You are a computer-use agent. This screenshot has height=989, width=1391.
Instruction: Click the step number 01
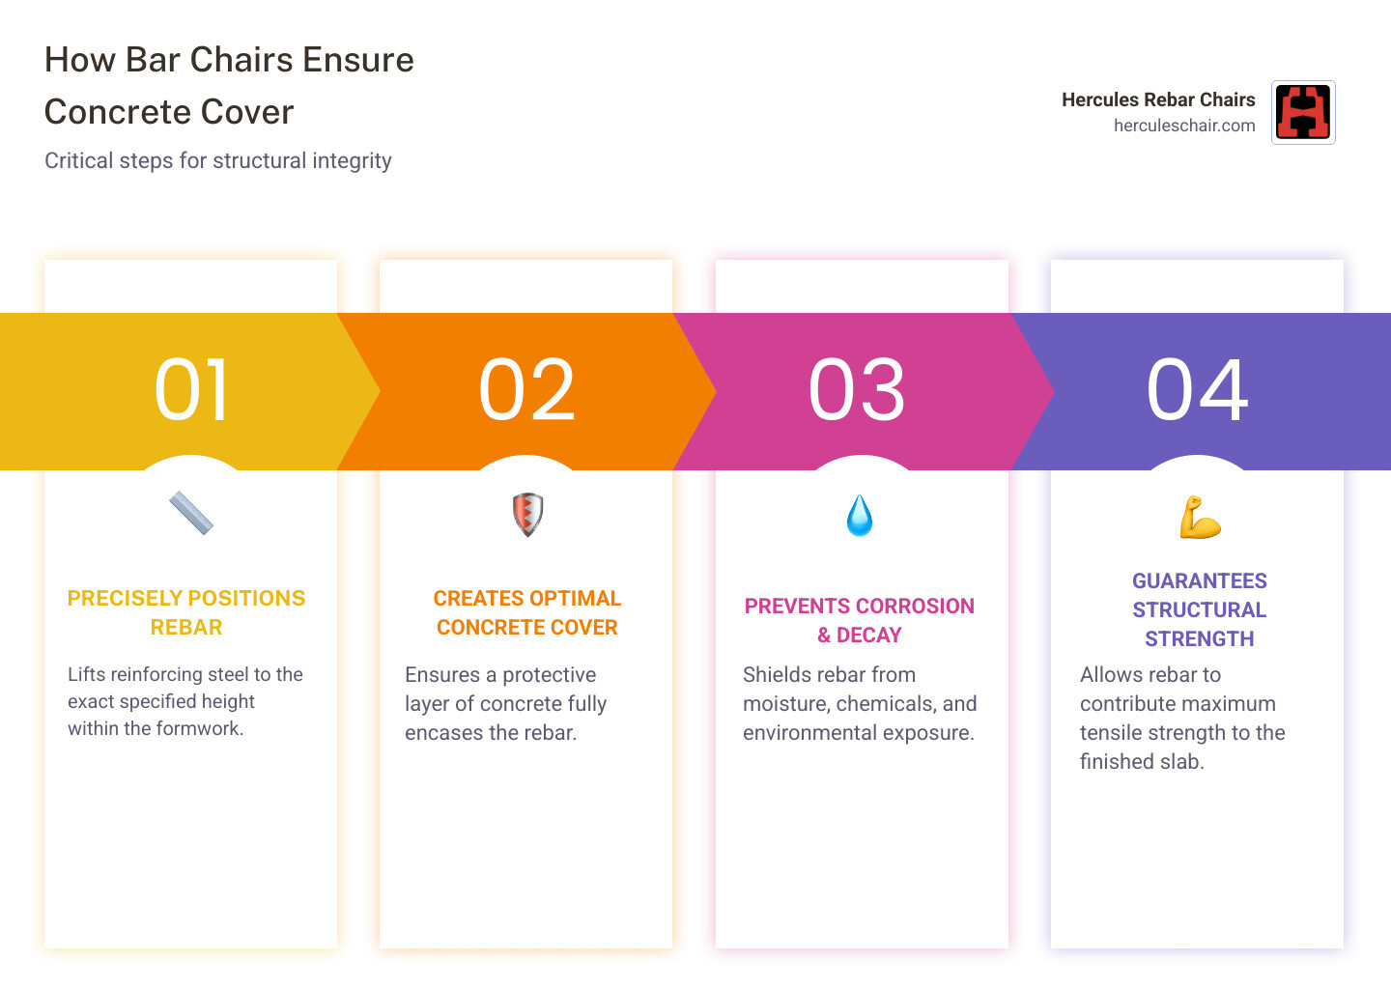click(x=192, y=390)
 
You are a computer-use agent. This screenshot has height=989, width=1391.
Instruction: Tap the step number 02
click(x=526, y=390)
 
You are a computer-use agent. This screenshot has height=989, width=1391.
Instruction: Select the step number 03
click(x=858, y=390)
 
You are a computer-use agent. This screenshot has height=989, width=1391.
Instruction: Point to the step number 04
click(x=1198, y=390)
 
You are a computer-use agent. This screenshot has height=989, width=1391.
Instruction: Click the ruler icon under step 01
click(x=191, y=514)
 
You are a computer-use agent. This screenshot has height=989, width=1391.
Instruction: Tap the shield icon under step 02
click(x=527, y=515)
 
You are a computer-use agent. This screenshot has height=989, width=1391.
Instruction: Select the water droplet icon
click(x=860, y=516)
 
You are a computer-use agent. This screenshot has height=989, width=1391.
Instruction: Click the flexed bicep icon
click(x=1200, y=517)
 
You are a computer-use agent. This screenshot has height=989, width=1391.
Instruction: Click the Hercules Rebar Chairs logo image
click(x=1303, y=112)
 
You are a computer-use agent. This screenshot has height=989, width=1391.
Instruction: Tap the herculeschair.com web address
click(x=1184, y=126)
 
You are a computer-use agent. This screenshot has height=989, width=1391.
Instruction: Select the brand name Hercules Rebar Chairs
click(x=1158, y=99)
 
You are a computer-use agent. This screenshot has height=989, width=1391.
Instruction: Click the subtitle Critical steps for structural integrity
click(x=218, y=160)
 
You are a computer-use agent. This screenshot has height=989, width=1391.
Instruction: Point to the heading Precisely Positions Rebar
click(x=186, y=612)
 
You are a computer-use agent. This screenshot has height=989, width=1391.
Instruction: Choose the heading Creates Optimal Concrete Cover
click(x=527, y=612)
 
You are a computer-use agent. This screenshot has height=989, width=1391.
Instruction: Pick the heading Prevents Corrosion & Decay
click(x=860, y=620)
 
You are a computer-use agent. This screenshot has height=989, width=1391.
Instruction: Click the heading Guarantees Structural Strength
click(x=1200, y=609)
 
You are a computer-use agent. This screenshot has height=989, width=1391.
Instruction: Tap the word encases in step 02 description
click(x=440, y=733)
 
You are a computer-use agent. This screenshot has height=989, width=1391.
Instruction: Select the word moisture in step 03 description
click(x=779, y=704)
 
